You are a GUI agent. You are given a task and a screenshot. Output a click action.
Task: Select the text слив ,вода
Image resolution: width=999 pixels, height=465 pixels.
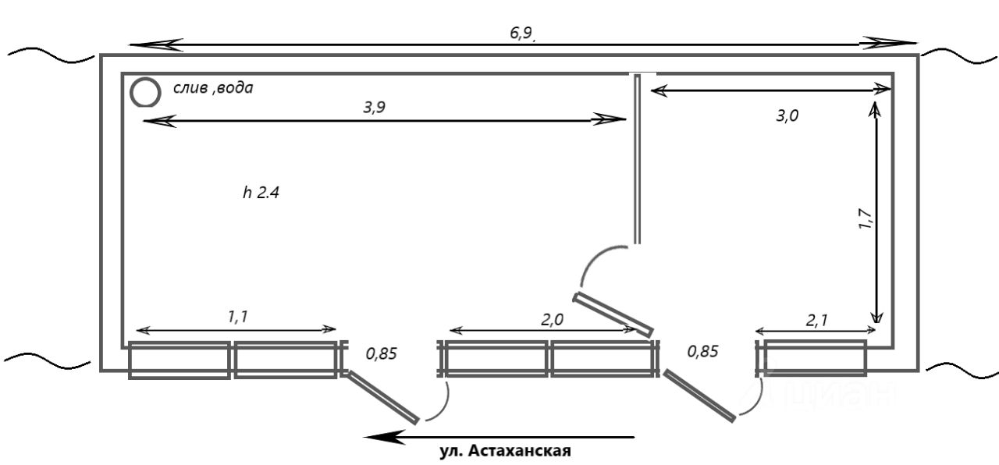[x=213, y=88]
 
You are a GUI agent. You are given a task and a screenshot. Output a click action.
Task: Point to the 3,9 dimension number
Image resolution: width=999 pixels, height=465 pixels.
[x=374, y=108]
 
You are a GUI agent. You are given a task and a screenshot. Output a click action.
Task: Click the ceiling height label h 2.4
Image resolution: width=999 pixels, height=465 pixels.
[x=261, y=193]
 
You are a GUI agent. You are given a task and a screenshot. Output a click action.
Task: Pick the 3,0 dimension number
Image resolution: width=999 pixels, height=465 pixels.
[x=787, y=116]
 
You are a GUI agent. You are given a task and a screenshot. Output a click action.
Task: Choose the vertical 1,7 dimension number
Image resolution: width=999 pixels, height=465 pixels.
[x=866, y=219]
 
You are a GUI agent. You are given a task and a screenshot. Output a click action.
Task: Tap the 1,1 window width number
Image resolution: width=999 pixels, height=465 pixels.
[x=238, y=317]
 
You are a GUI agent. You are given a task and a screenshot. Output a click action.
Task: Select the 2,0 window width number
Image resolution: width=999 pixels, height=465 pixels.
[x=552, y=320]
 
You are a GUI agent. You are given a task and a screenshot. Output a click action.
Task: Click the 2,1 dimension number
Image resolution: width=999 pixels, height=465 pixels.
[x=816, y=321]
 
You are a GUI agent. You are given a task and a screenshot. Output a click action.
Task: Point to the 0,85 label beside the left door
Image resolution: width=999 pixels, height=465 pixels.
[x=382, y=354]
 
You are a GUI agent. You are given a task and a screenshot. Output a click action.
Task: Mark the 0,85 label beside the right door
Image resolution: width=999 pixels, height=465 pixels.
[x=703, y=352]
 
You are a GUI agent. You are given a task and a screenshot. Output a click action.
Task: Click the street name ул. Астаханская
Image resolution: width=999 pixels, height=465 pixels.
[x=505, y=451]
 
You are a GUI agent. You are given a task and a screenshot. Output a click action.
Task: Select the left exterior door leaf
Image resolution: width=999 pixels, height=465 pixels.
[x=382, y=396]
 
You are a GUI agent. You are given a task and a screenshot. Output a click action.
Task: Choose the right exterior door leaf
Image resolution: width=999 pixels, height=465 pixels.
[x=699, y=396]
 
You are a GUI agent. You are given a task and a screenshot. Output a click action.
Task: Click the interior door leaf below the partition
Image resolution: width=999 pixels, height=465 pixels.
[x=613, y=314]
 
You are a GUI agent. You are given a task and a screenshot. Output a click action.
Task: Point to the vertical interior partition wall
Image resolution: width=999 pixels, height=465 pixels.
[x=638, y=159]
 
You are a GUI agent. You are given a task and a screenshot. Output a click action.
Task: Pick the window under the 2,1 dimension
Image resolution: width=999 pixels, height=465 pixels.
[x=816, y=357]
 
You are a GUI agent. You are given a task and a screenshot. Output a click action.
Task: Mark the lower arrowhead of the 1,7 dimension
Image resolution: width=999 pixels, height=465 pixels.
[x=877, y=317]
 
